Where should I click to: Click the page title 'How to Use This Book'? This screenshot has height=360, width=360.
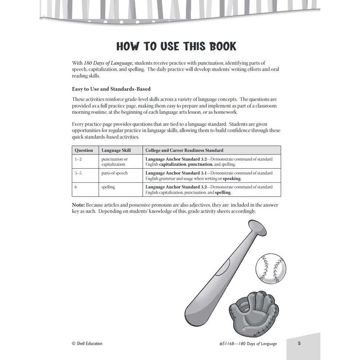(180, 47)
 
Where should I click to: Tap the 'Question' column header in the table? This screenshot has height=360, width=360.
(84, 150)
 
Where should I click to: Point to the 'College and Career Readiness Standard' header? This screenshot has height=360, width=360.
(184, 150)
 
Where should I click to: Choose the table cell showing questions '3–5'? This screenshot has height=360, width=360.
(78, 173)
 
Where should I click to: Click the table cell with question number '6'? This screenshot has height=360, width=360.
(76, 187)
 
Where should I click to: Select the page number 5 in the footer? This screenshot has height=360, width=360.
(299, 343)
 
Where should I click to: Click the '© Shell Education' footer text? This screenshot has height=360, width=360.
(87, 343)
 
